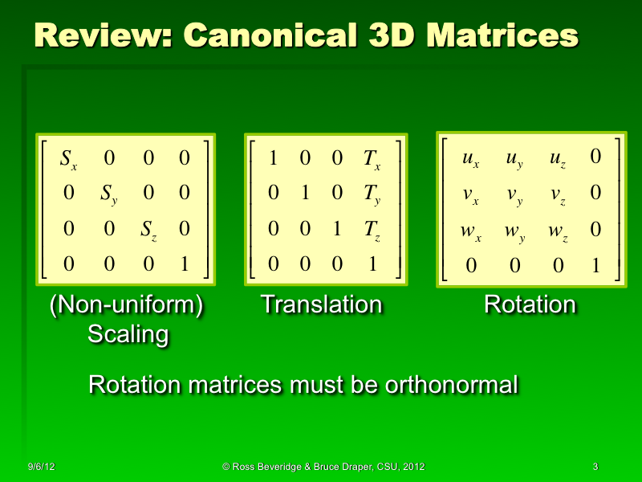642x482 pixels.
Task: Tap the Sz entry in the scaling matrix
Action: (148, 230)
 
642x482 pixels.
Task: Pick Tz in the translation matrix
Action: (372, 230)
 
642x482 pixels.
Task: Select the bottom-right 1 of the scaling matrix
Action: (185, 263)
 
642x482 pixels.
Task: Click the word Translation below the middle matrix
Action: (321, 305)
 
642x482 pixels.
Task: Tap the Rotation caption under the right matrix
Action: (530, 305)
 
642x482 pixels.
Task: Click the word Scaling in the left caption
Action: (128, 334)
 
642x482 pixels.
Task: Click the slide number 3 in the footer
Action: (595, 467)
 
